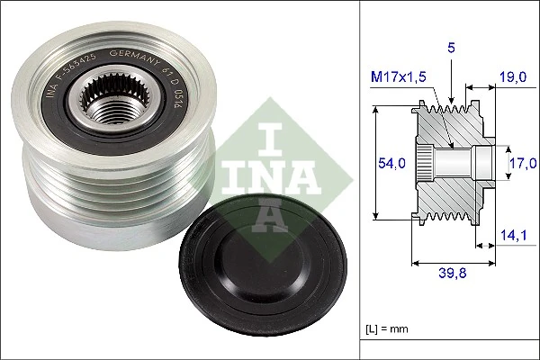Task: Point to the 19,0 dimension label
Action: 515,78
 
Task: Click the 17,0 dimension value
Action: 522,162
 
